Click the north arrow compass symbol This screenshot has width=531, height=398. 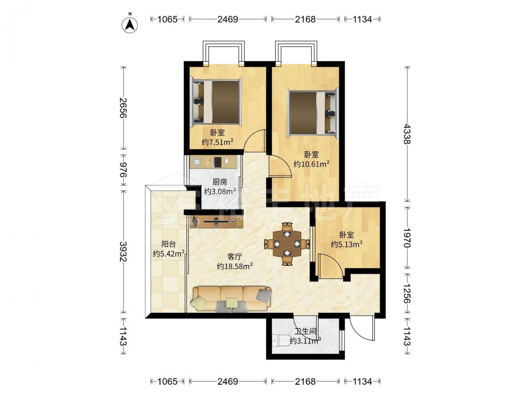(130, 24)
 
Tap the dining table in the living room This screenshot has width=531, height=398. (287, 244)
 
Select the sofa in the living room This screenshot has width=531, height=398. (232, 299)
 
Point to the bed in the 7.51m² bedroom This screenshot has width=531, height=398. (216, 102)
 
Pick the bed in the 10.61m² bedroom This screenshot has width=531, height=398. (313, 113)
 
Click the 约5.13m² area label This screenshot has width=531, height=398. (347, 244)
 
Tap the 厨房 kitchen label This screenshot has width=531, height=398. (220, 182)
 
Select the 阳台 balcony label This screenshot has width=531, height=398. (168, 244)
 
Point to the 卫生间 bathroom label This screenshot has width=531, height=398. (305, 331)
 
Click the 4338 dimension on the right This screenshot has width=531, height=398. (407, 134)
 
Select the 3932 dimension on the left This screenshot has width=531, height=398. (123, 252)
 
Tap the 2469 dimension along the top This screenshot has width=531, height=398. (228, 19)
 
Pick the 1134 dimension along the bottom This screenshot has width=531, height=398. (362, 382)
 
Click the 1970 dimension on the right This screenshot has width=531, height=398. (407, 238)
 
